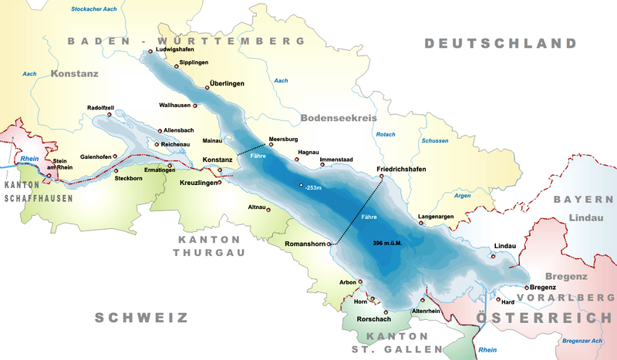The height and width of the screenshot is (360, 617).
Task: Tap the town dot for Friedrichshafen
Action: [381, 177]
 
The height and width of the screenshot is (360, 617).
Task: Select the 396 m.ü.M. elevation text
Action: [388, 243]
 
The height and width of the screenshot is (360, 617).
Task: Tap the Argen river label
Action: [463, 196]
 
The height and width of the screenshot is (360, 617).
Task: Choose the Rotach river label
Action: [385, 135]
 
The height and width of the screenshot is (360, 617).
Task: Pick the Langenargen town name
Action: [436, 217]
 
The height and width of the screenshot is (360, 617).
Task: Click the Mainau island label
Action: [212, 141]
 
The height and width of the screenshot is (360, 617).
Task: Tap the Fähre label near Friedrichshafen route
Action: [369, 217]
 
